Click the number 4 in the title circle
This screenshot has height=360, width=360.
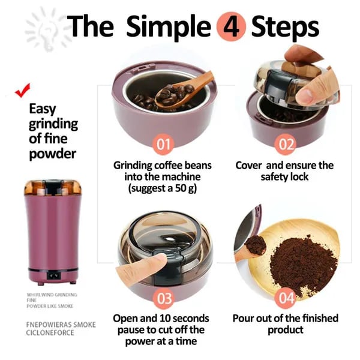point(230,26)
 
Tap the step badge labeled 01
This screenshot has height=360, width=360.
point(164,144)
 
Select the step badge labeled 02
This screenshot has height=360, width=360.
point(286,144)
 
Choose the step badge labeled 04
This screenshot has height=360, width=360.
point(286,298)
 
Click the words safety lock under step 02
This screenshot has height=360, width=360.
point(286,177)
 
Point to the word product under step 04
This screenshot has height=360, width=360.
point(286,330)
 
